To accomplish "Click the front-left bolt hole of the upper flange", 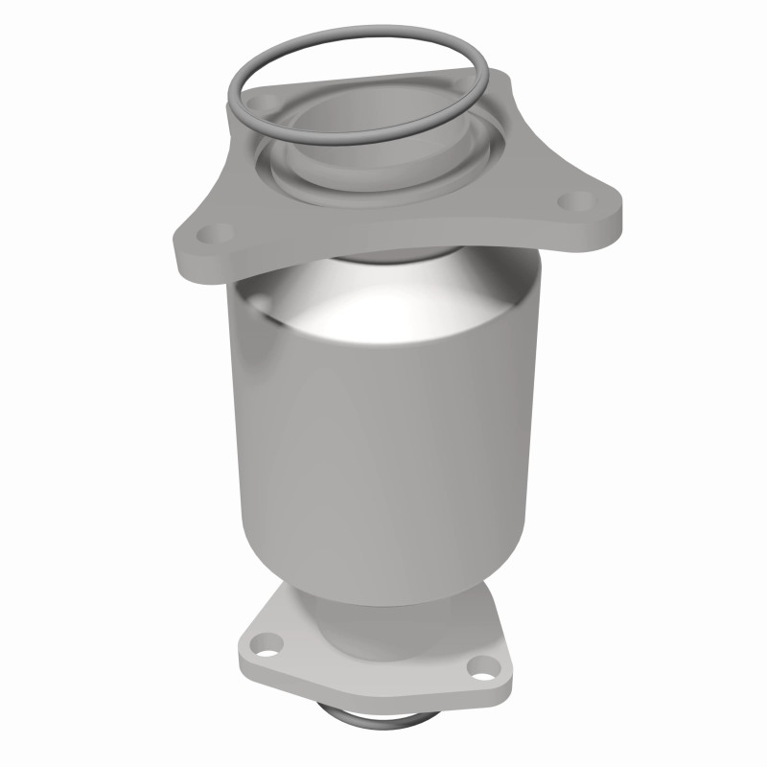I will (218, 233).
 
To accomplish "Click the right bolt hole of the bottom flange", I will (478, 669).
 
